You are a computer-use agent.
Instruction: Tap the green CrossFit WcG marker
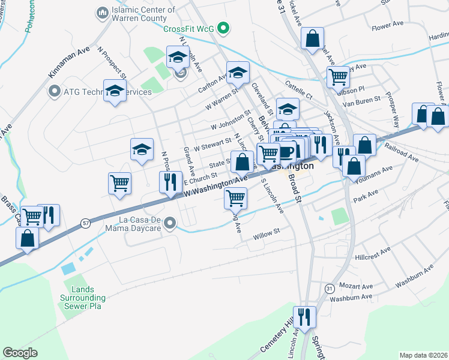tap(223, 28)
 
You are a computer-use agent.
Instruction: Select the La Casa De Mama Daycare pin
tap(170, 224)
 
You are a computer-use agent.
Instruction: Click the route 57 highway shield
tap(86, 223)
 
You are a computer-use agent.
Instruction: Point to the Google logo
tap(20, 353)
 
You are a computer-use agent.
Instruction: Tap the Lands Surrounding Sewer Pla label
tap(83, 298)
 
